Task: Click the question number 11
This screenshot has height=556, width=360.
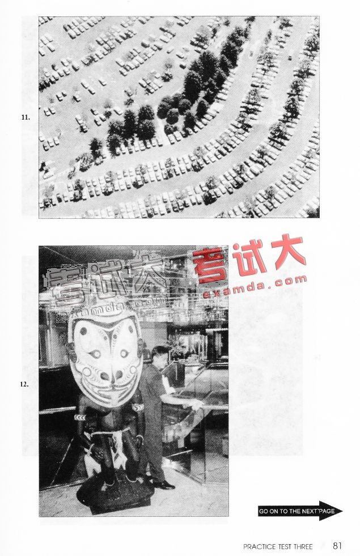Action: tap(25, 117)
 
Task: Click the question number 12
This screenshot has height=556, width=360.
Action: tap(24, 384)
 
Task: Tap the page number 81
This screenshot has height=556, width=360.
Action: tap(337, 545)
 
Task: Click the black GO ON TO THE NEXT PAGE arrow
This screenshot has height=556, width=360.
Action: tap(300, 511)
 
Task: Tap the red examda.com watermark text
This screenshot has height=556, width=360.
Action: tap(255, 286)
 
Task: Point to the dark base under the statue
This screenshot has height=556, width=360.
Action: tap(115, 495)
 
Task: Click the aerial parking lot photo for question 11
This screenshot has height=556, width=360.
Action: tap(179, 117)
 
